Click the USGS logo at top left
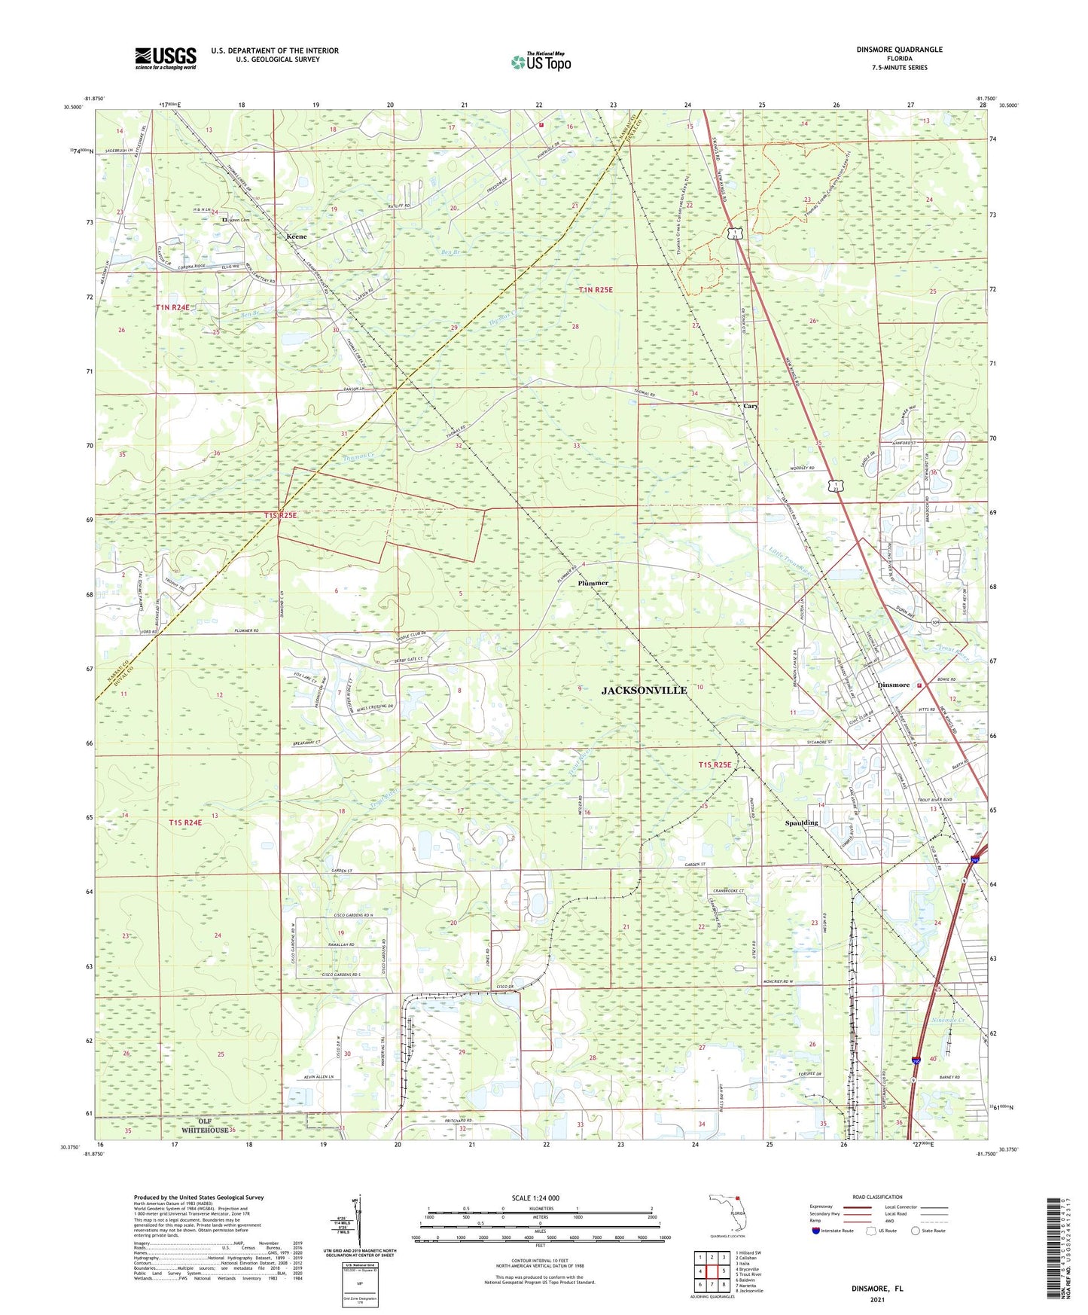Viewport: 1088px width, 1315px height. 166,58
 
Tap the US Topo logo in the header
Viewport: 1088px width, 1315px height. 541,62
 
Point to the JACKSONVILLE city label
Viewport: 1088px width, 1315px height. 645,690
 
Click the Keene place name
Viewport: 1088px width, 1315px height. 297,237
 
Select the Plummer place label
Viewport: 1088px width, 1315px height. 593,583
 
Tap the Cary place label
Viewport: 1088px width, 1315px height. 750,406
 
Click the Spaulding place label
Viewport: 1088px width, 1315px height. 801,822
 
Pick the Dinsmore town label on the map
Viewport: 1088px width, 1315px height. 893,685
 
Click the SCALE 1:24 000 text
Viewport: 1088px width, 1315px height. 535,1198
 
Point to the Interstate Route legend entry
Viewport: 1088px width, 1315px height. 832,1231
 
